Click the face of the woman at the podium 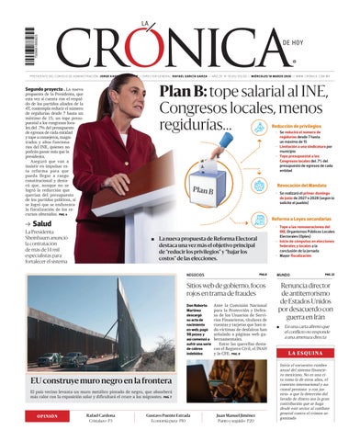click(121, 96)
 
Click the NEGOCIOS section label click(195, 275)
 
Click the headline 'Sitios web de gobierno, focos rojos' click(226, 290)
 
